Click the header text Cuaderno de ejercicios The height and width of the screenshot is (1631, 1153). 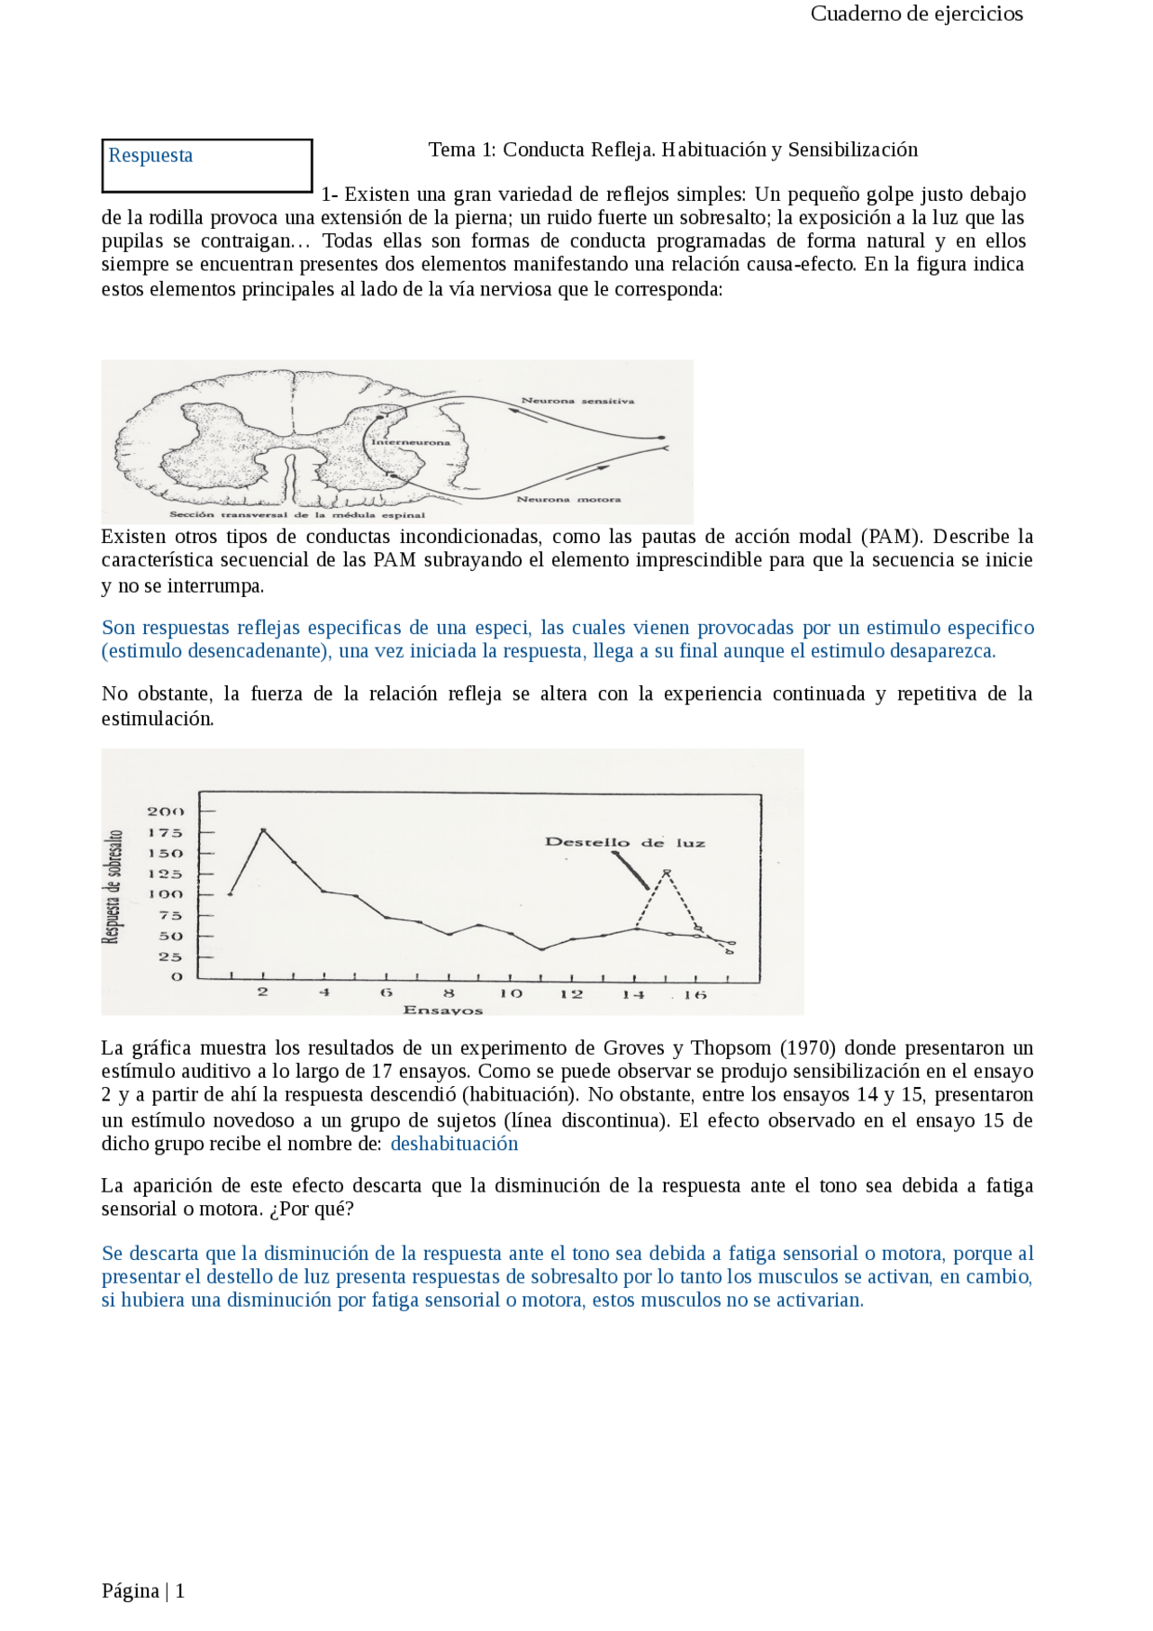916,14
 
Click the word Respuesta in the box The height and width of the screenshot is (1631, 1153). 150,155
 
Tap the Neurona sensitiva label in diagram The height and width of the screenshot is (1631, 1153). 577,401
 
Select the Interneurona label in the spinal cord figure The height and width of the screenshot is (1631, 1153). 411,442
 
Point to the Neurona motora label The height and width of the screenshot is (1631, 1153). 568,499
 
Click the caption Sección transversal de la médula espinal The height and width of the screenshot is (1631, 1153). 297,515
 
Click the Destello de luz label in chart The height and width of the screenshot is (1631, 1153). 625,843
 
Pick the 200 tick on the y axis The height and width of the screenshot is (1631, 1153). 165,811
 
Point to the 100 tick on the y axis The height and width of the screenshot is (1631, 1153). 165,894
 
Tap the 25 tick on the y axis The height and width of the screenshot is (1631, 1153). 170,957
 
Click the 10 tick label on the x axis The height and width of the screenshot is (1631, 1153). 511,993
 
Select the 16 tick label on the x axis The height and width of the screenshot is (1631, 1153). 695,995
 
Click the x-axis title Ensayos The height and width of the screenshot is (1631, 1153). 443,1010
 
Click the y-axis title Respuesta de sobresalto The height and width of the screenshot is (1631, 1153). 113,887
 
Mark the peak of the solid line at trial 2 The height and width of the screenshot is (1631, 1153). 263,829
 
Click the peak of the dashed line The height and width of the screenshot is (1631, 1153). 667,871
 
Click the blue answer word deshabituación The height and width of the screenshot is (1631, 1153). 454,1144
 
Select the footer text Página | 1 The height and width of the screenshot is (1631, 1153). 143,1590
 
